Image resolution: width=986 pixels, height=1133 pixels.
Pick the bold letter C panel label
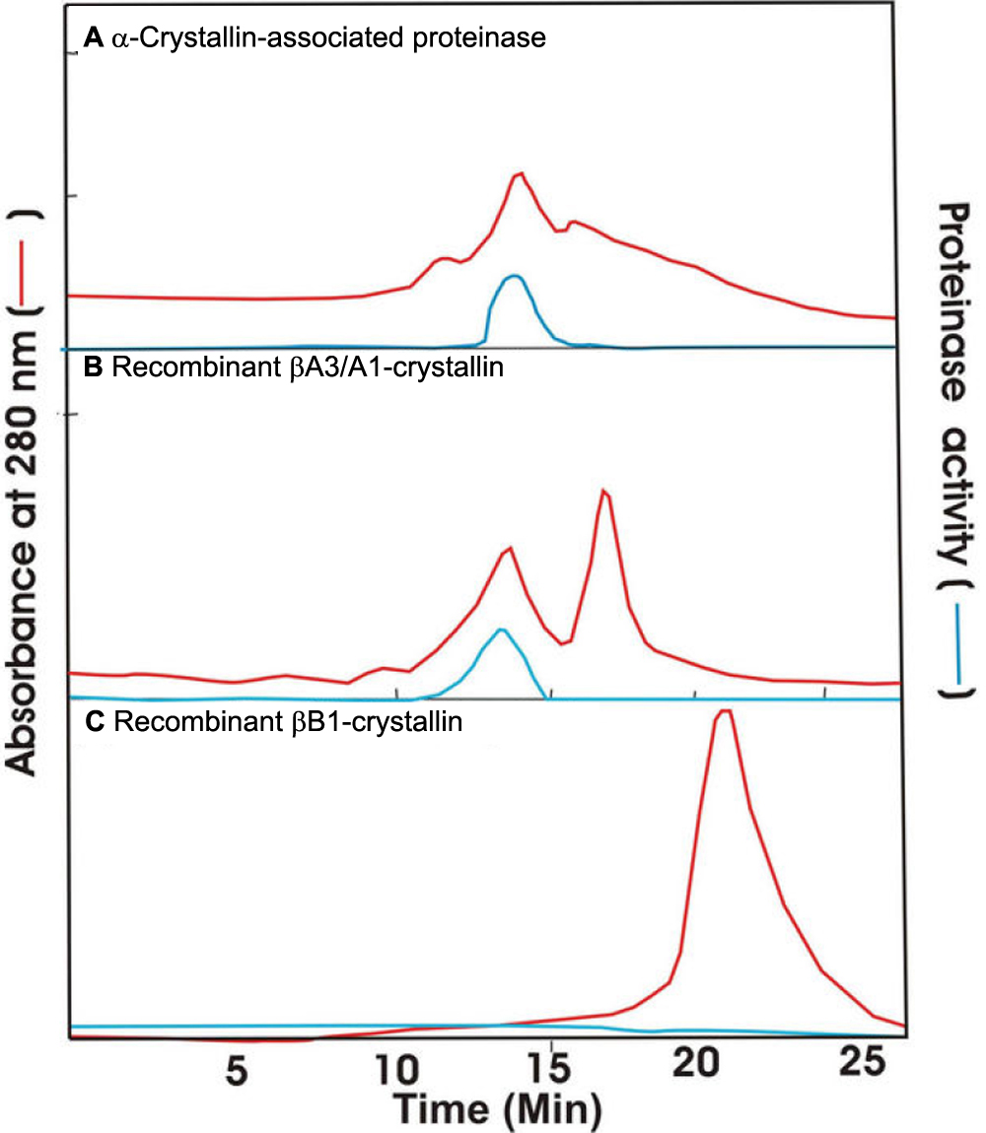click(94, 723)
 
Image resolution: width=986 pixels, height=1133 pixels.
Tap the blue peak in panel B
click(501, 630)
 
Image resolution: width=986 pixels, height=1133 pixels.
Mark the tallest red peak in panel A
click(519, 174)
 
